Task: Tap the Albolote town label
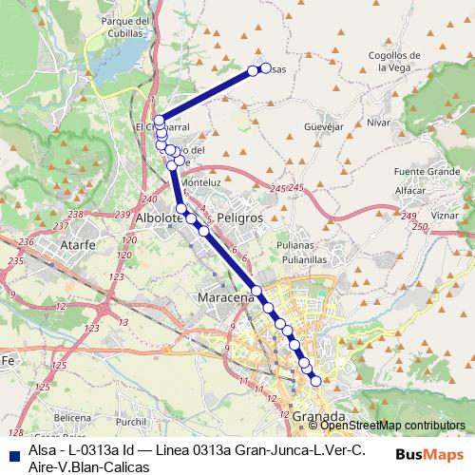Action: tap(160, 218)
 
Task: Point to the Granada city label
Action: tap(319, 416)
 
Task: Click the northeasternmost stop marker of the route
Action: tap(254, 69)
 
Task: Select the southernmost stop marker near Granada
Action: tap(315, 381)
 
